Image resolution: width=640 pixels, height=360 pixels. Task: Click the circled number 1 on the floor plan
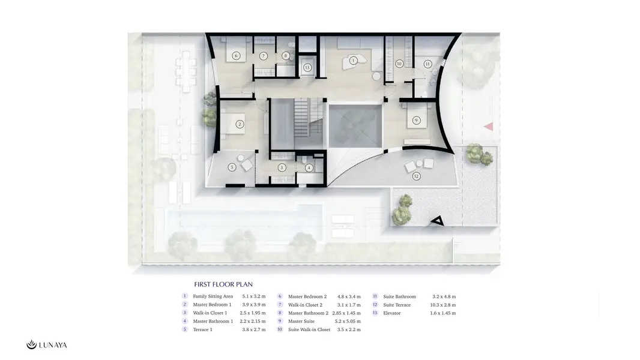click(353, 61)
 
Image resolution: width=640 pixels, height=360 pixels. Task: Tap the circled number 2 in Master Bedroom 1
click(240, 124)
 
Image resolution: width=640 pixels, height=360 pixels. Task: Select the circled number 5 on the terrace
click(232, 167)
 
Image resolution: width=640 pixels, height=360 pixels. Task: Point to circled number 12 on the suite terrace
click(416, 176)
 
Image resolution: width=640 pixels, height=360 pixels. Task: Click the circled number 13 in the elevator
click(307, 68)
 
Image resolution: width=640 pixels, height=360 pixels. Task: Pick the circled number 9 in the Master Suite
click(416, 120)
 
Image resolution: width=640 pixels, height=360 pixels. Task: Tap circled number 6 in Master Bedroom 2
click(235, 55)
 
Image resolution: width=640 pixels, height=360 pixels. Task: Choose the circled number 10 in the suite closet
click(399, 63)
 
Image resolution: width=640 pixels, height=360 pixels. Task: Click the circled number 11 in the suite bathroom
click(427, 64)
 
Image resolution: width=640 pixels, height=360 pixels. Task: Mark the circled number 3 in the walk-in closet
click(282, 167)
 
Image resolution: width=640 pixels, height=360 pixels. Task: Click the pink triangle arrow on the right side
click(489, 127)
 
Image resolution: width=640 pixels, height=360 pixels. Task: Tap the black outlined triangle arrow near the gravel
click(438, 221)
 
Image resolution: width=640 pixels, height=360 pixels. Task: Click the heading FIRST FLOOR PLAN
click(223, 284)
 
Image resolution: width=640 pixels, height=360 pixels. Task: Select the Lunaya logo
click(47, 345)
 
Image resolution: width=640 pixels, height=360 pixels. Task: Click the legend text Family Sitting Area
click(213, 296)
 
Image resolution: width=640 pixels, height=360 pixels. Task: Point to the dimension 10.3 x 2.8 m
click(443, 305)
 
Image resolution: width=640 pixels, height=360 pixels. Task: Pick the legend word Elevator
click(392, 313)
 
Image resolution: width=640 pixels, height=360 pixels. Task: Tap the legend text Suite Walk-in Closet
click(309, 329)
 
